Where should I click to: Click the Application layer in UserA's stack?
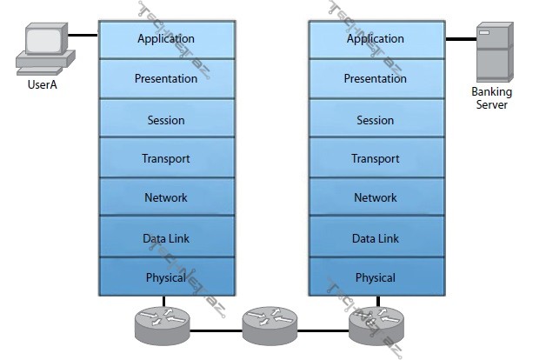(166, 39)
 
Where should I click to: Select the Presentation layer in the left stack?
(166, 79)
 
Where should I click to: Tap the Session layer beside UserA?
(166, 119)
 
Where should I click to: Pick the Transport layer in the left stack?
(166, 158)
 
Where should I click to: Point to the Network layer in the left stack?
(166, 197)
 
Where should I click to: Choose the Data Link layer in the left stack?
(166, 237)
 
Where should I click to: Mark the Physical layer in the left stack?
(166, 277)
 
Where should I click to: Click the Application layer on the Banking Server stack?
(376, 39)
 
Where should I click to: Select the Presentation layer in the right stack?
(376, 79)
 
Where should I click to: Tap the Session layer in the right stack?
(376, 119)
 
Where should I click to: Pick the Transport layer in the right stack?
(376, 158)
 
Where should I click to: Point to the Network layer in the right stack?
(376, 197)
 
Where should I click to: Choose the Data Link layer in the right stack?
(376, 237)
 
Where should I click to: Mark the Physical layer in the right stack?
(376, 277)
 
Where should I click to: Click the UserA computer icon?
(43, 49)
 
